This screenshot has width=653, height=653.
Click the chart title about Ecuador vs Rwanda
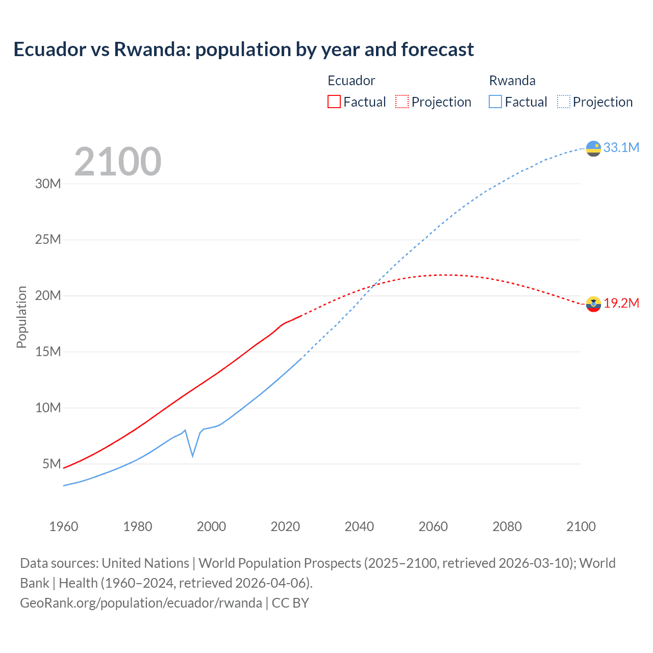[243, 49]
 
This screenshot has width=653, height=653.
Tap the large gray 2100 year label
[118, 162]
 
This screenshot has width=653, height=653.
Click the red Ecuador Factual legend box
[334, 102]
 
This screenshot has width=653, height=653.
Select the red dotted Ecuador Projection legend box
[402, 102]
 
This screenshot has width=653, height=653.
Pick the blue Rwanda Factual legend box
[495, 102]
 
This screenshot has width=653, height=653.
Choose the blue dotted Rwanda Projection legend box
[563, 102]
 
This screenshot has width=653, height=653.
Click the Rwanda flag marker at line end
[593, 148]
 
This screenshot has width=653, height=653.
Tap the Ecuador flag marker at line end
[593, 304]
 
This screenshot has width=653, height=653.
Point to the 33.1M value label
[621, 147]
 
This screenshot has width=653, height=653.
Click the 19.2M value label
[621, 303]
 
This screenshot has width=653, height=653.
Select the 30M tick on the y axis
[48, 184]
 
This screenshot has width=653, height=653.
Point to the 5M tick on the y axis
[52, 464]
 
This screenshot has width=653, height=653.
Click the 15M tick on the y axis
[48, 351]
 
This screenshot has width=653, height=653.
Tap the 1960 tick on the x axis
[64, 526]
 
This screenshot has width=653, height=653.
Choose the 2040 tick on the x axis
[359, 526]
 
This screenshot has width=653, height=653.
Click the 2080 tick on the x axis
[507, 526]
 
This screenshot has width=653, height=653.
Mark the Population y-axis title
[21, 317]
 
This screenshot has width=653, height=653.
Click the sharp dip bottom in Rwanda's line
[192, 456]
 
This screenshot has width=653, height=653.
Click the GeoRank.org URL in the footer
[141, 602]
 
